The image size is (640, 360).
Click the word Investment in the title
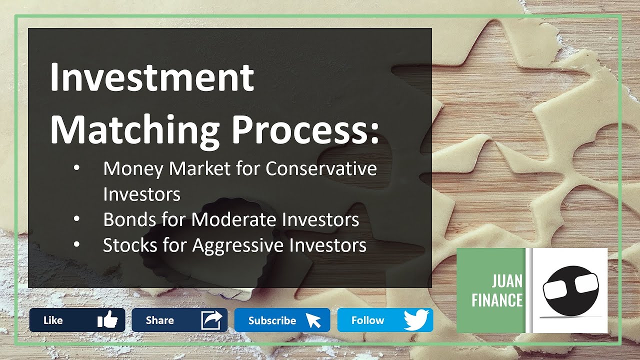[152, 77]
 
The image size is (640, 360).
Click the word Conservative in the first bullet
[321, 169]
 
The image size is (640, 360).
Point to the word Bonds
[129, 220]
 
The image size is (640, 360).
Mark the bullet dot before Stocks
[76, 245]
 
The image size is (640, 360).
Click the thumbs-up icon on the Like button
[107, 319]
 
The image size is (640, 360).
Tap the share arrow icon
[211, 320]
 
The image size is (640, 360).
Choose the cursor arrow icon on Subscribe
[313, 320]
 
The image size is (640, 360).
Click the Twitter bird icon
[416, 319]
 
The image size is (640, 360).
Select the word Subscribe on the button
[272, 320]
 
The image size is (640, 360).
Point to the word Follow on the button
[367, 320]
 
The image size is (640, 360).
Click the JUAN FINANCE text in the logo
[497, 290]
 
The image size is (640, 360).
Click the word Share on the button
[160, 320]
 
